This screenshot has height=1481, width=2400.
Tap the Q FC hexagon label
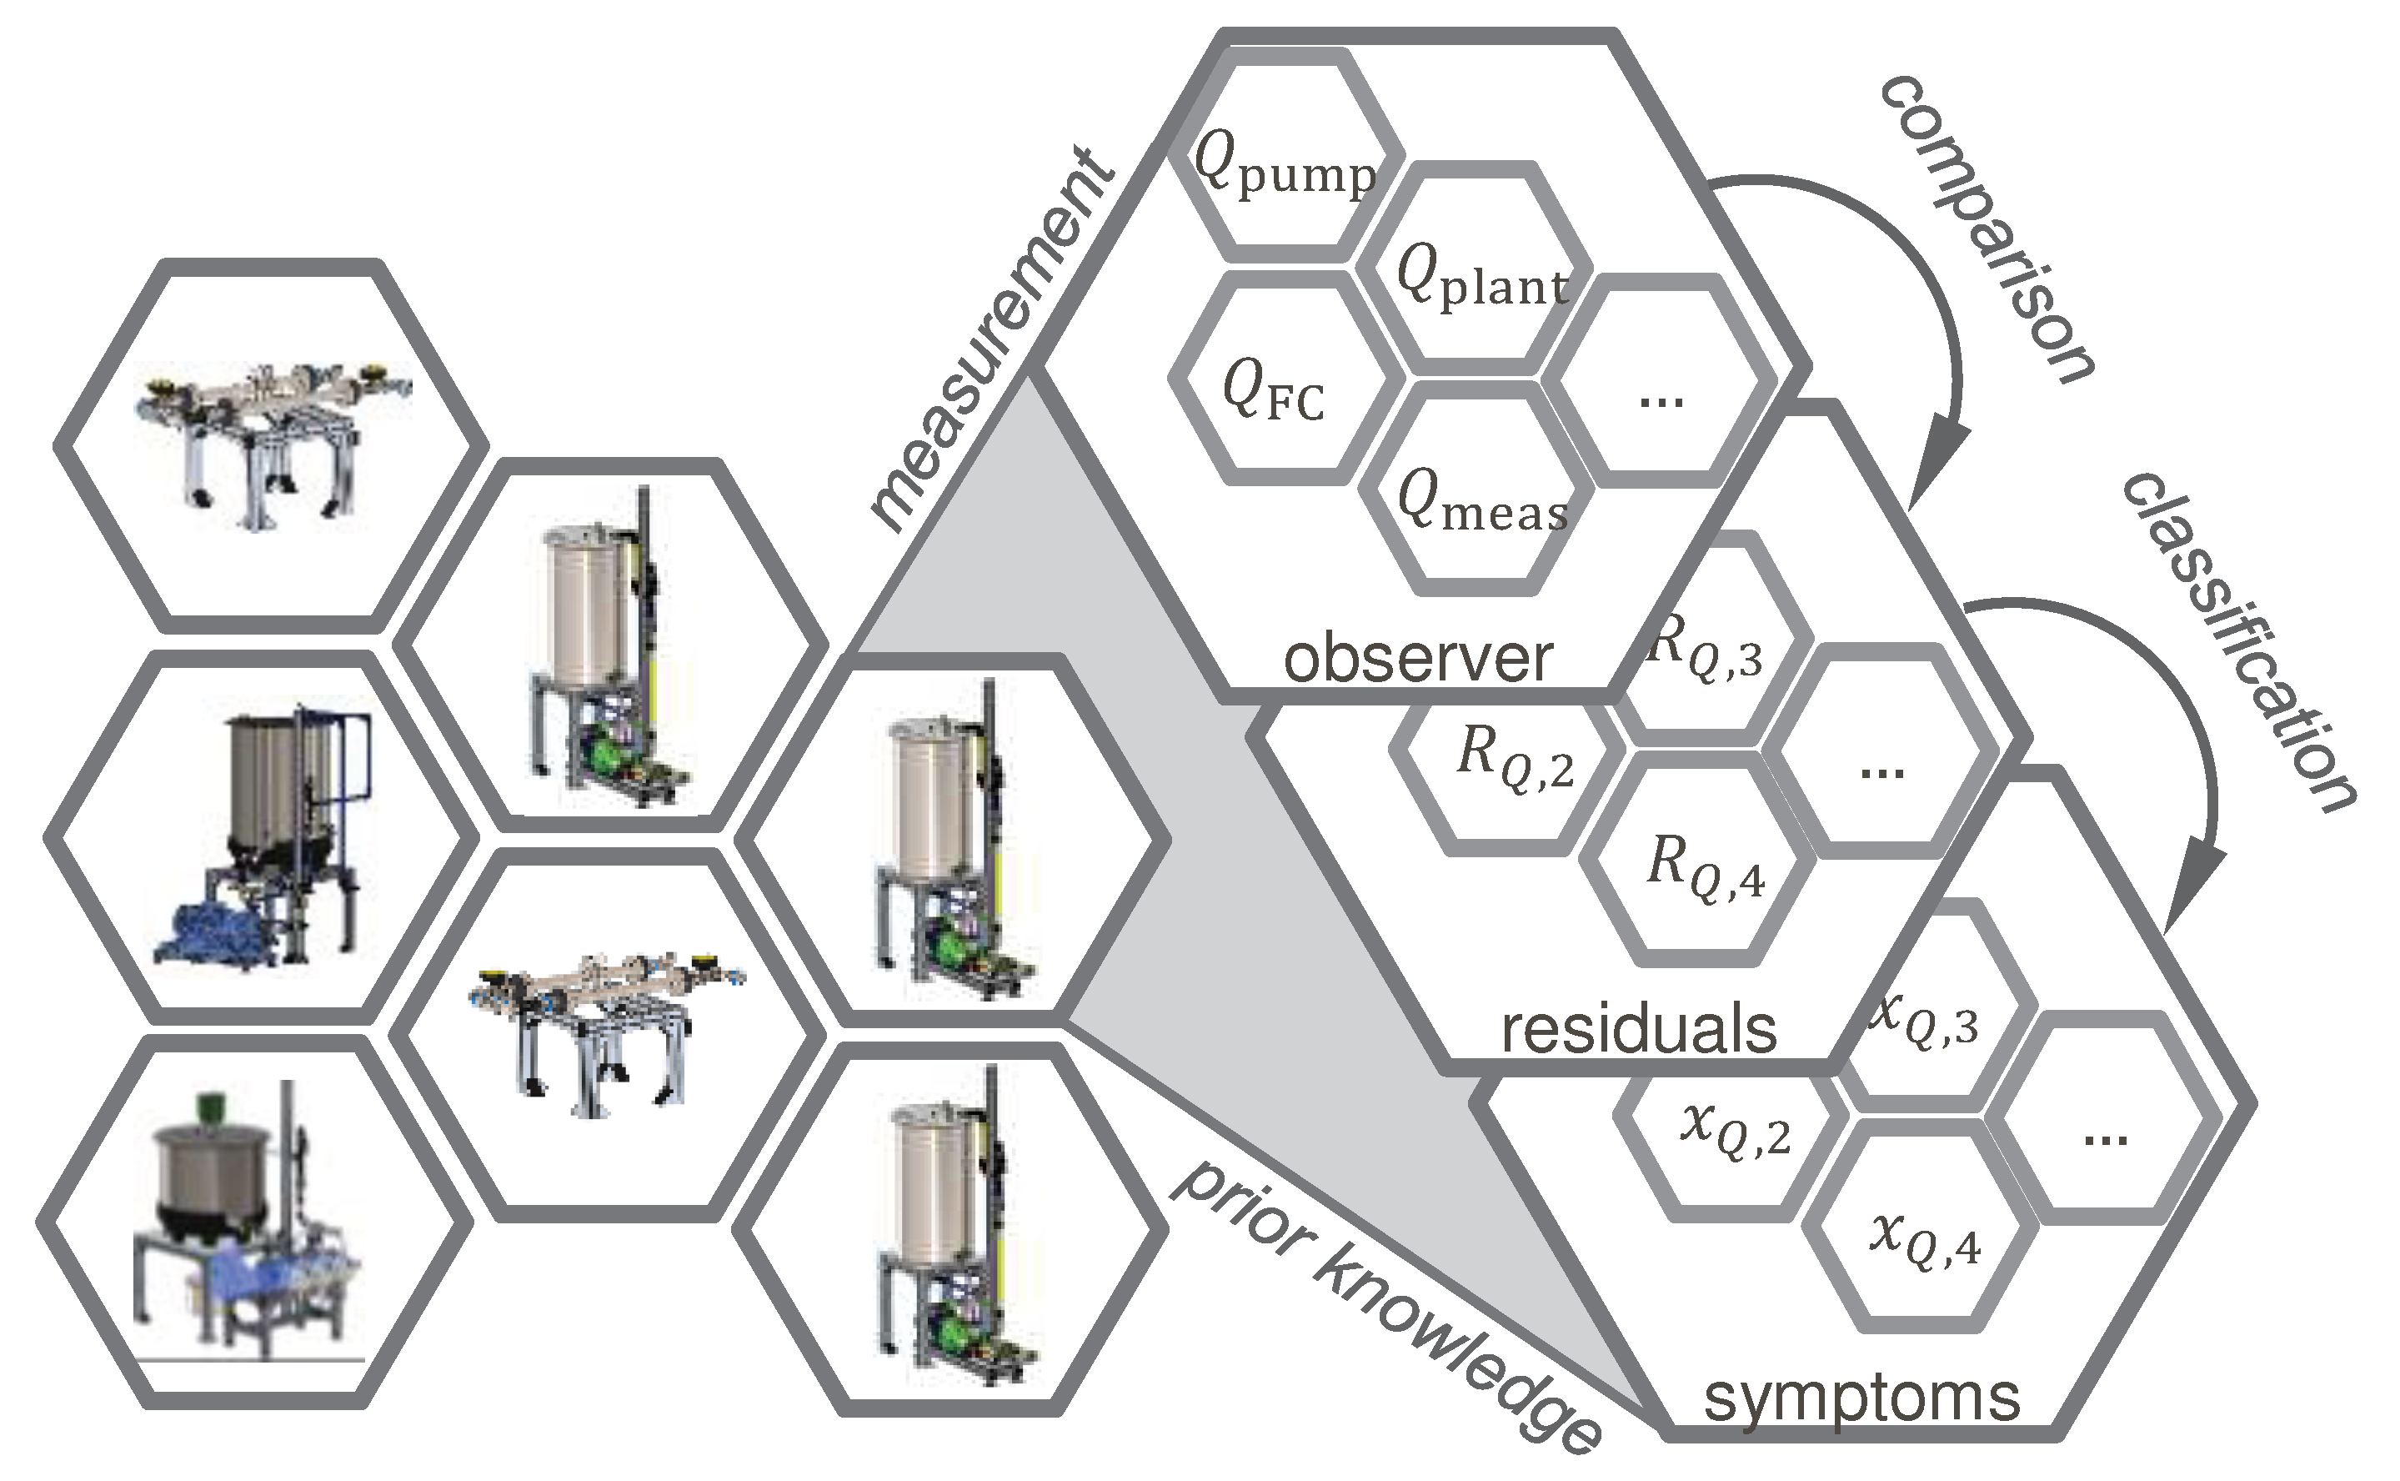1273,389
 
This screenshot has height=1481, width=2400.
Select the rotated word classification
2237,641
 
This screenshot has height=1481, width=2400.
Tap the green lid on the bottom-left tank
207,1107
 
